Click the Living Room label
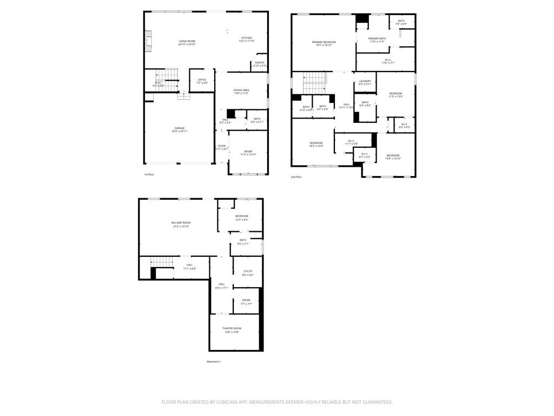[x=187, y=41]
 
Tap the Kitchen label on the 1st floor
[x=247, y=38]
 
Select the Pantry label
[x=260, y=62]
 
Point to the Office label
[x=202, y=80]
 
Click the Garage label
[x=180, y=128]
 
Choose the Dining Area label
[x=241, y=90]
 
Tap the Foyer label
[x=222, y=146]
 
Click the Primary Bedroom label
[x=324, y=42]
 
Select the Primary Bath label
[x=377, y=38]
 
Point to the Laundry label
[x=365, y=81]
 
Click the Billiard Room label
[x=181, y=223]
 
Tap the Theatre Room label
[x=232, y=328]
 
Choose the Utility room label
[x=248, y=271]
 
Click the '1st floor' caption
[x=149, y=174]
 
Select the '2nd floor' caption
[x=296, y=177]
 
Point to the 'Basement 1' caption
[x=214, y=361]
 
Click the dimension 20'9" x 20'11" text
[x=180, y=132]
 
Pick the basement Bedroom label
[x=241, y=216]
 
